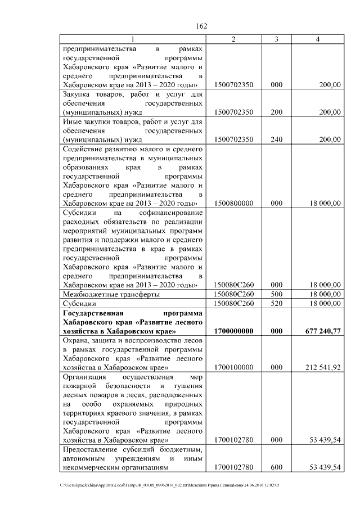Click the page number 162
tap(201, 26)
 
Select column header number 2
tap(233, 39)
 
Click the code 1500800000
tap(233, 203)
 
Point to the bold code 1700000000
tap(233, 332)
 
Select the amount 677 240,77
tap(321, 332)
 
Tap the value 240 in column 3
tap(276, 139)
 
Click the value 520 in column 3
tap(276, 303)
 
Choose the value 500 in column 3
tap(276, 294)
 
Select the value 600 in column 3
tap(276, 467)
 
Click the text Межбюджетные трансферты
tap(111, 294)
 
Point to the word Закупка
tap(79, 94)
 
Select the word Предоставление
tap(93, 449)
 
